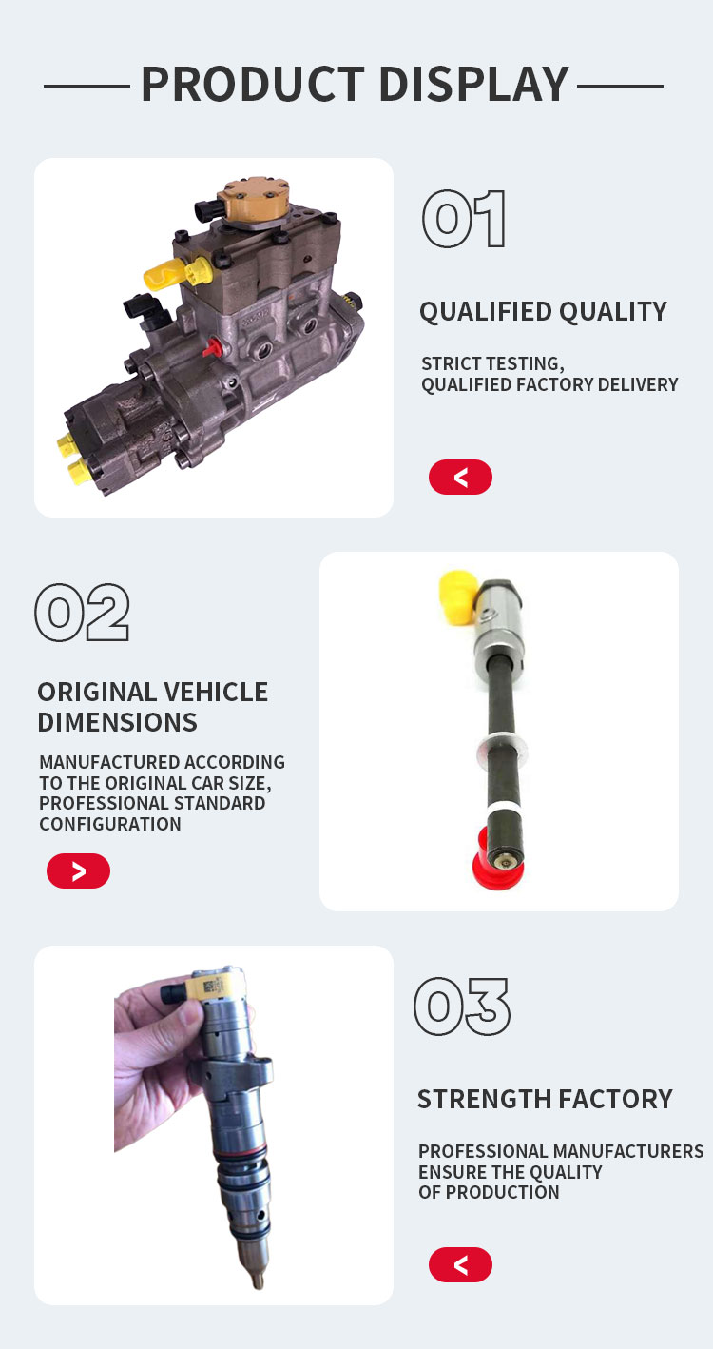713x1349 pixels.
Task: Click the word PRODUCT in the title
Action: point(253,85)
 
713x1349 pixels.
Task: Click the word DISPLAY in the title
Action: point(474,85)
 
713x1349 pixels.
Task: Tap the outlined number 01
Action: point(464,219)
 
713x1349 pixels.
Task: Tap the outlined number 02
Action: point(83,612)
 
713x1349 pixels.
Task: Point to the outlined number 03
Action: point(462,1007)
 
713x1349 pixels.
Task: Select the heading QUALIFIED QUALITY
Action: point(544,312)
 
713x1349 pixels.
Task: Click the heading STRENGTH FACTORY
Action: point(545,1099)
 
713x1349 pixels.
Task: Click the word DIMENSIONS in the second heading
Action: point(117,722)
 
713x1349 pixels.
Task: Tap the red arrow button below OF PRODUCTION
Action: point(460,1264)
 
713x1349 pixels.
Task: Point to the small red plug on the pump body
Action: point(212,347)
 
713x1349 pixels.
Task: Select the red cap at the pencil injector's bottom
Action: point(494,858)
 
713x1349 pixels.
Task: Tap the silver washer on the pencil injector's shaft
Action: point(502,749)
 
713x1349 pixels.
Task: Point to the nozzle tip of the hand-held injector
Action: point(259,1281)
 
